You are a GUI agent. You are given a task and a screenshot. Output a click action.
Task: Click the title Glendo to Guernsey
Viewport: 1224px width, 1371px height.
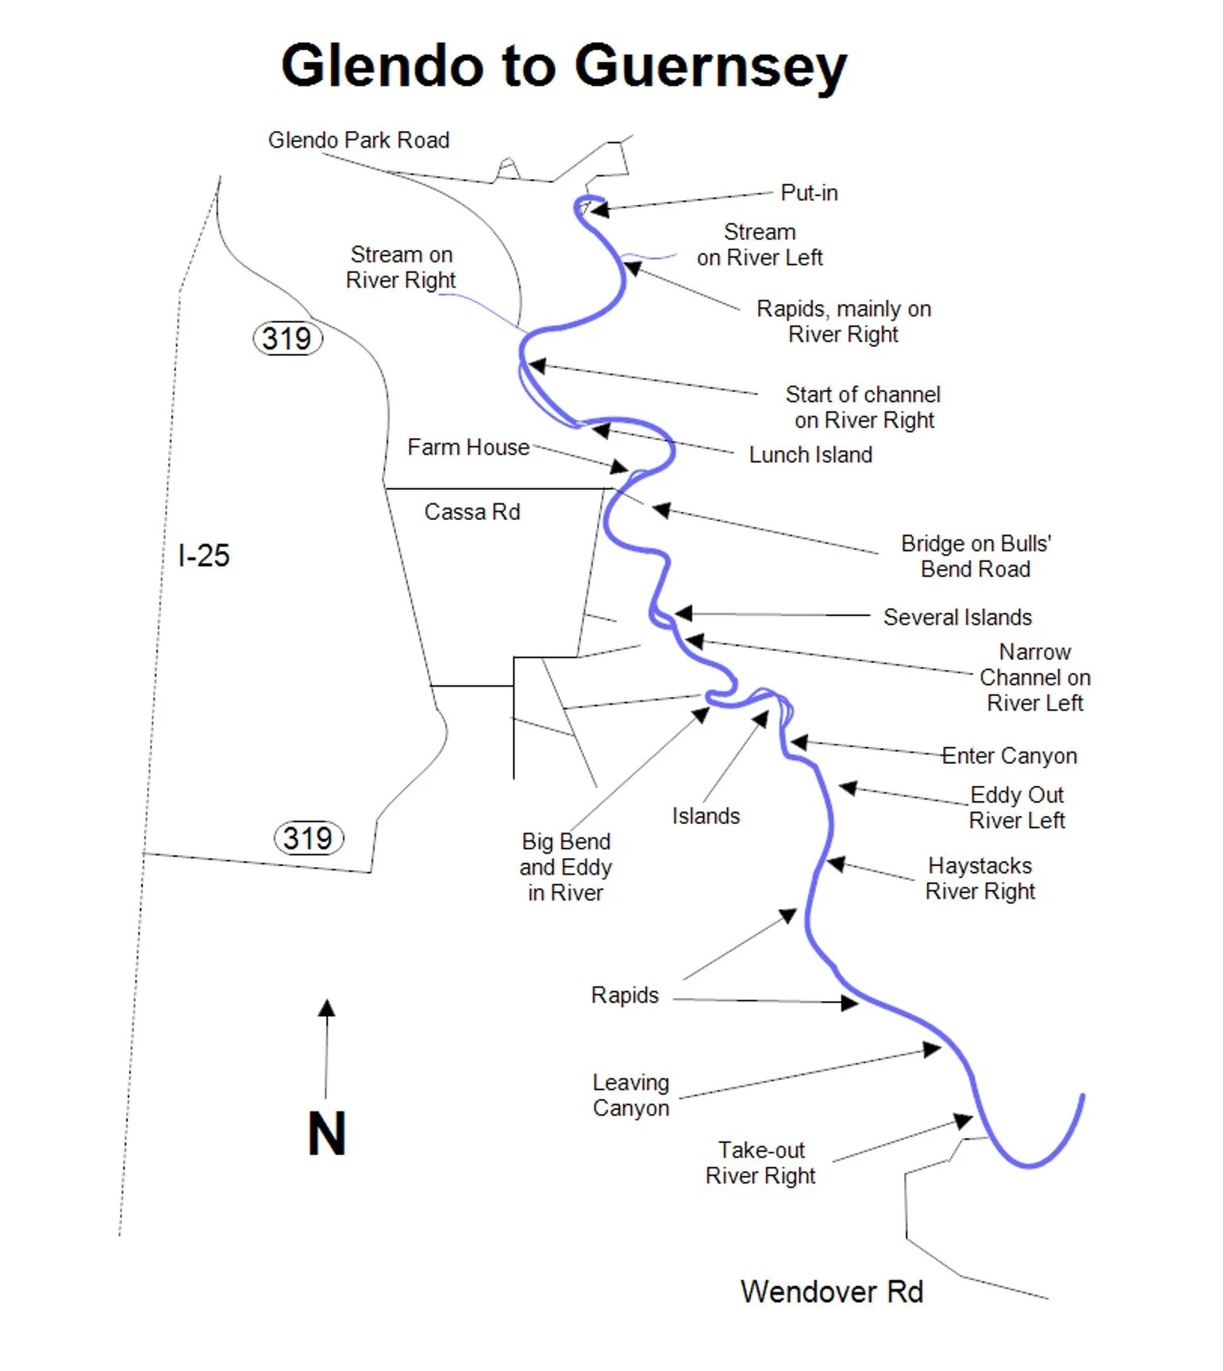[564, 67]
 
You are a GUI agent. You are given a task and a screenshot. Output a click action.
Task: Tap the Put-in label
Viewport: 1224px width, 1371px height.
[809, 193]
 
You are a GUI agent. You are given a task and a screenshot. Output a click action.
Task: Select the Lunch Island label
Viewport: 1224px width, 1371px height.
[810, 455]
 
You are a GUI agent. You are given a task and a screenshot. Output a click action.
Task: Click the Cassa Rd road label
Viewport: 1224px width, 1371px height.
[472, 512]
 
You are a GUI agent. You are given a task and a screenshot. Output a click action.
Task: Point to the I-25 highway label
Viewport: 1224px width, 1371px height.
[204, 556]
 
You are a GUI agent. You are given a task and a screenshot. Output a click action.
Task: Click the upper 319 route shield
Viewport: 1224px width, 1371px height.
[287, 339]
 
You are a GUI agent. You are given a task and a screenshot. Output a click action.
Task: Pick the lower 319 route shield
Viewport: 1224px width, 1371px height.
[308, 838]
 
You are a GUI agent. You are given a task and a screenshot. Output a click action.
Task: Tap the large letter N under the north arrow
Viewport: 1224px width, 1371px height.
[326, 1134]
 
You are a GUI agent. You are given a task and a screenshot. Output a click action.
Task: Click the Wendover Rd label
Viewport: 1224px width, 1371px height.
[832, 1292]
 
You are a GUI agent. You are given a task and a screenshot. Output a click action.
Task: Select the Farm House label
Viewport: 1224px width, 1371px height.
[468, 448]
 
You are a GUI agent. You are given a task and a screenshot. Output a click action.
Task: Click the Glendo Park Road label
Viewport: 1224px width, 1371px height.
[359, 141]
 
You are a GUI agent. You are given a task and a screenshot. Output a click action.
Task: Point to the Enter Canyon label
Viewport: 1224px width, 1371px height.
[1009, 756]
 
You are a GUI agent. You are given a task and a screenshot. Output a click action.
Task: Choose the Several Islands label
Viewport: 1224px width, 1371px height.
[957, 618]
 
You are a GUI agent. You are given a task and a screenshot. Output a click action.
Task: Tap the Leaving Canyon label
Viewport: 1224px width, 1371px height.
[631, 1096]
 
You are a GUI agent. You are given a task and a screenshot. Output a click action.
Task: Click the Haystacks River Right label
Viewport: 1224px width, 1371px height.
[980, 878]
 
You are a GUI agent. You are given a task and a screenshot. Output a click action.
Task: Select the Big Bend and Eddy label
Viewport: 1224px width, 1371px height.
[566, 867]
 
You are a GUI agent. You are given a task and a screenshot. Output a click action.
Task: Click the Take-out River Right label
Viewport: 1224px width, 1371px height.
[760, 1163]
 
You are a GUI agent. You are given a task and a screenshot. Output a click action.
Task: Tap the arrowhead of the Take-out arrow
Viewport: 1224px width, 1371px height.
[964, 1121]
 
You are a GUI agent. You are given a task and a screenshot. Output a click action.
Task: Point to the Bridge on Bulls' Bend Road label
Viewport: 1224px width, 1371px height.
[976, 556]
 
